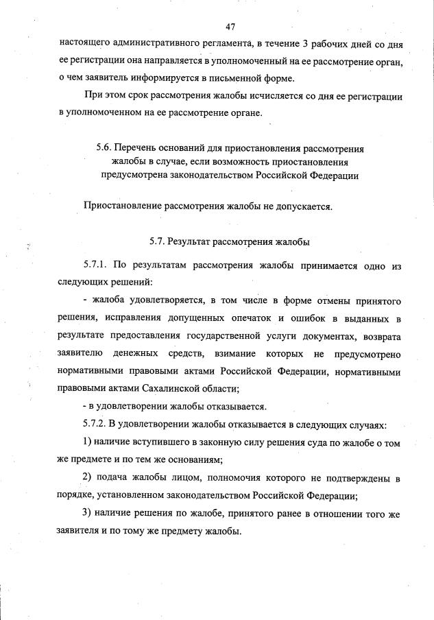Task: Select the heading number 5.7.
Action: pos(158,241)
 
